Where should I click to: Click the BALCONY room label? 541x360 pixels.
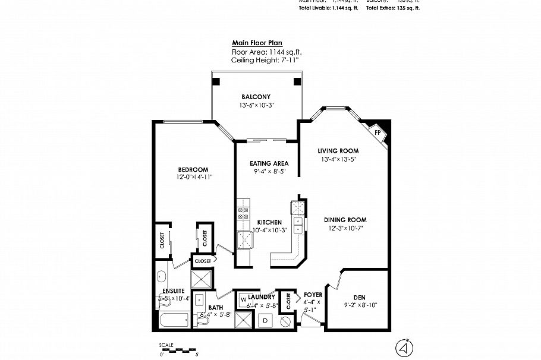click(256, 97)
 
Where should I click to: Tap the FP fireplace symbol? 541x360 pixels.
click(377, 132)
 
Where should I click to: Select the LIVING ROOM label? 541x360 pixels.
click(338, 151)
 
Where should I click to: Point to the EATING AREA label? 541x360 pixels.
click(269, 163)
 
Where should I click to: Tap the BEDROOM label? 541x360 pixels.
click(193, 169)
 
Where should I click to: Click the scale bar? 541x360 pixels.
click(178, 350)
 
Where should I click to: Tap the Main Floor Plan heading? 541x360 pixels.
click(257, 43)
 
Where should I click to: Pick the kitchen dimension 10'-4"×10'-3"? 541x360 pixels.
click(269, 230)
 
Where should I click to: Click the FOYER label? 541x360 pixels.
click(313, 294)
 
